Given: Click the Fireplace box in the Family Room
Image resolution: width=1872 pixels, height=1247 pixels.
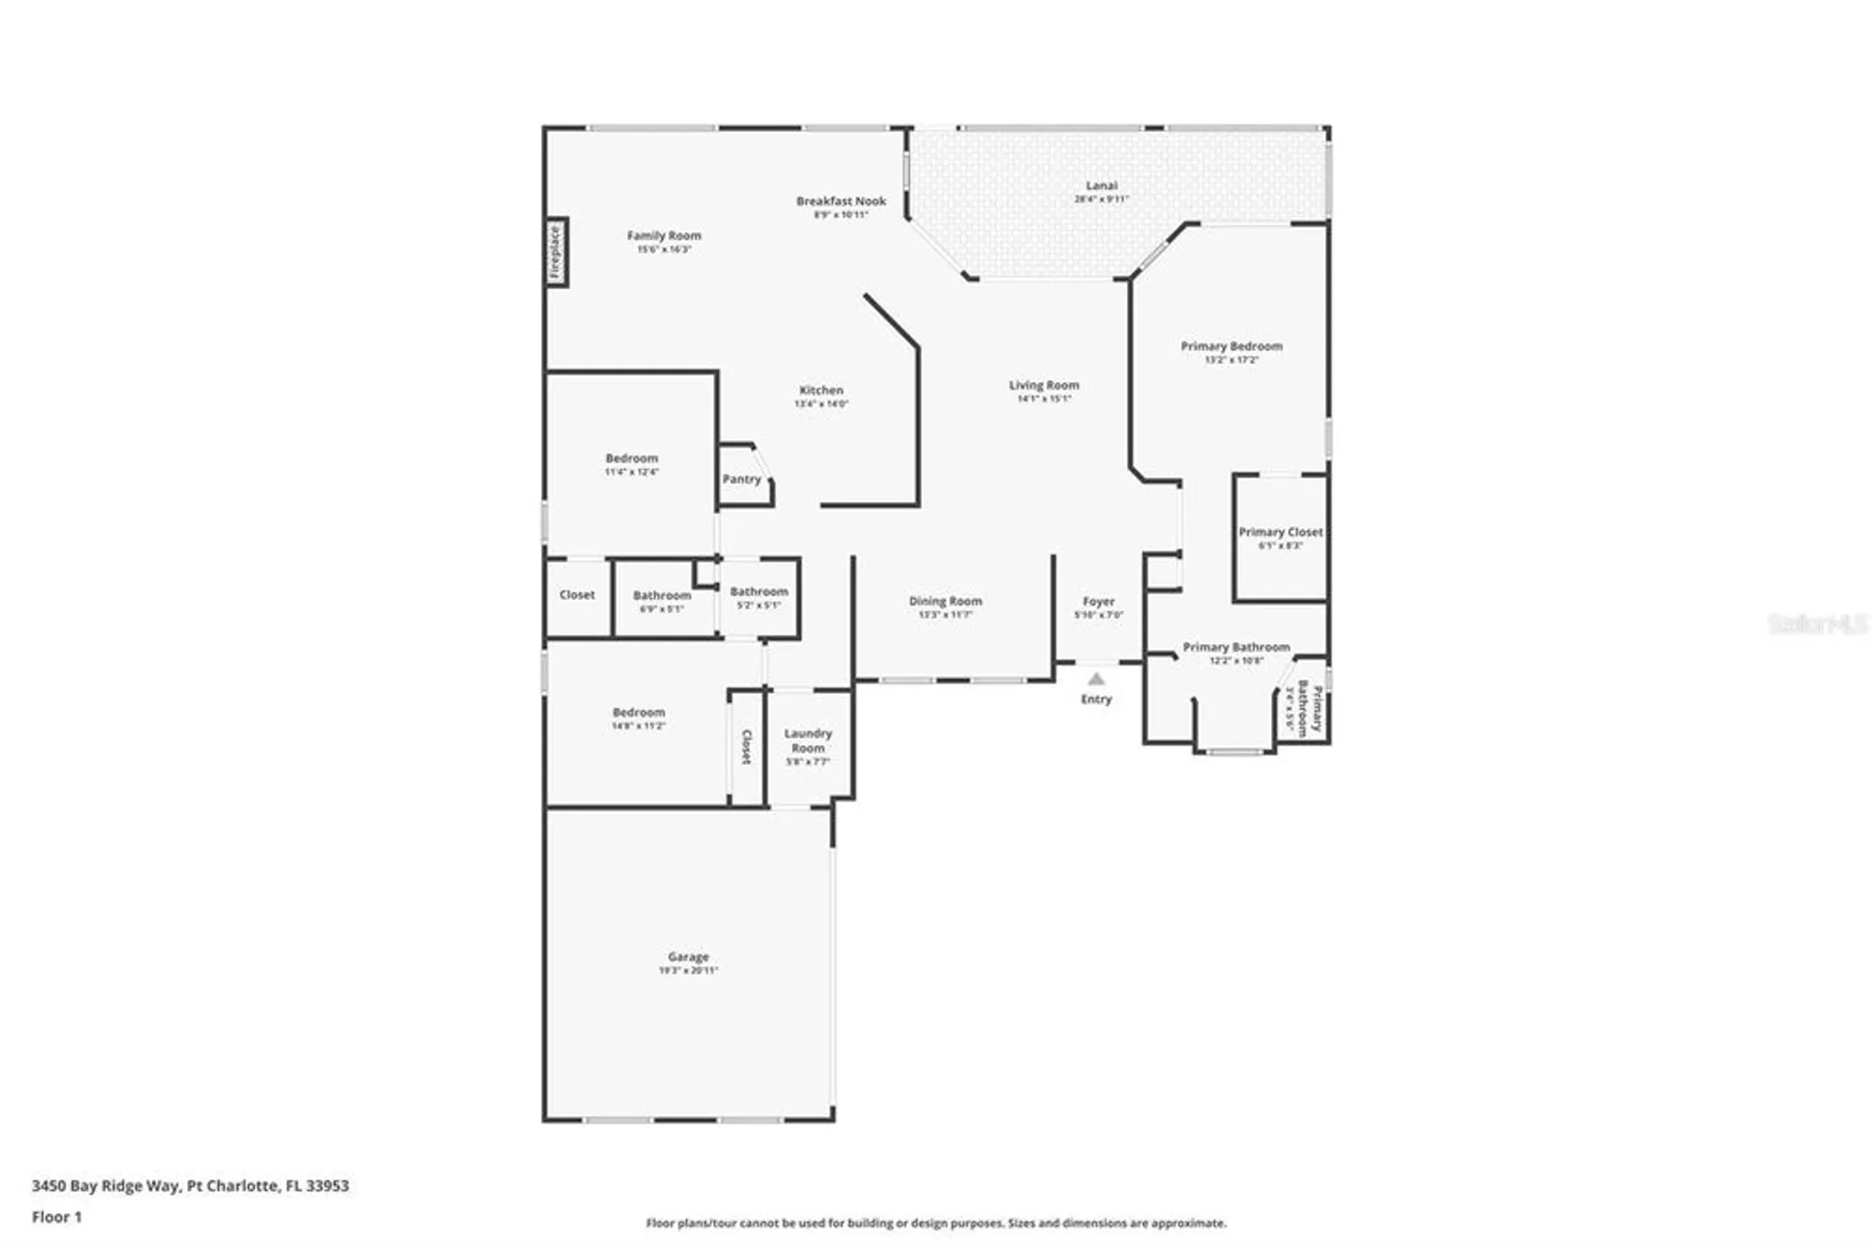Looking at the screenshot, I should click(556, 252).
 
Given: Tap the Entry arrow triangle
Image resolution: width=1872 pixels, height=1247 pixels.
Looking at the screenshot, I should click(1096, 679).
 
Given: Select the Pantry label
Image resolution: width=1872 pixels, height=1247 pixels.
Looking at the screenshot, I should click(741, 479).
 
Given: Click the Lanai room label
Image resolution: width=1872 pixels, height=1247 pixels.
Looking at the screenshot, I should click(1102, 185).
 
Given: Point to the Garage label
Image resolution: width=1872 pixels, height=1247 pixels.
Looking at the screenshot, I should click(688, 957).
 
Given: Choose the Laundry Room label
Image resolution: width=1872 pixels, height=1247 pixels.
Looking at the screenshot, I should click(808, 741).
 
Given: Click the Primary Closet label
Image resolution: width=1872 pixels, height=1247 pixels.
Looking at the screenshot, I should click(1280, 532).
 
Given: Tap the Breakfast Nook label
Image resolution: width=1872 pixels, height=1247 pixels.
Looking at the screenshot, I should click(841, 200).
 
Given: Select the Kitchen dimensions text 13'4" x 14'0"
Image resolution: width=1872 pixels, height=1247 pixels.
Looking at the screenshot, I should click(821, 403).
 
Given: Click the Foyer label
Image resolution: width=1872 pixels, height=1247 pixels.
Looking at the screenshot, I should click(1099, 601).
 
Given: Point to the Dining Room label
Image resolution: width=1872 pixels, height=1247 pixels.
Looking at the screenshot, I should click(945, 601).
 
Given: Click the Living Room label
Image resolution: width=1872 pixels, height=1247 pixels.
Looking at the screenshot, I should click(1044, 385).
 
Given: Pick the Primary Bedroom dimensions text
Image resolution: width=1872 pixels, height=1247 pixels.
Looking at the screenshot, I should click(1231, 359).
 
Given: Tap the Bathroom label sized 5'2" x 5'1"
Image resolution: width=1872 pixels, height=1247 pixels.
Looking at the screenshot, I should click(759, 592).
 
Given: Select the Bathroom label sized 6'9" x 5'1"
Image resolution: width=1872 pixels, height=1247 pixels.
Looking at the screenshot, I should click(662, 595).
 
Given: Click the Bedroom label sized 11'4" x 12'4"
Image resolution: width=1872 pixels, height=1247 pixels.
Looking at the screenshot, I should click(632, 458).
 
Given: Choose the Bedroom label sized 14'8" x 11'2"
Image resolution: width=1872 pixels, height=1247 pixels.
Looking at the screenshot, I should click(638, 712).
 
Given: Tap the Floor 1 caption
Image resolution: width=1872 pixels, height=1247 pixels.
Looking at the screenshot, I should click(57, 1217).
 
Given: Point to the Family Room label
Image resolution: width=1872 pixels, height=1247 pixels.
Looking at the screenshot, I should click(664, 236).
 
